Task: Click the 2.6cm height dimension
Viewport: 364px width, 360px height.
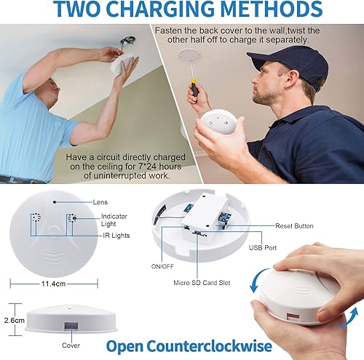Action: tap(12, 319)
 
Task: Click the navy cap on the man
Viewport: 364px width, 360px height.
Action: tap(281, 59)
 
